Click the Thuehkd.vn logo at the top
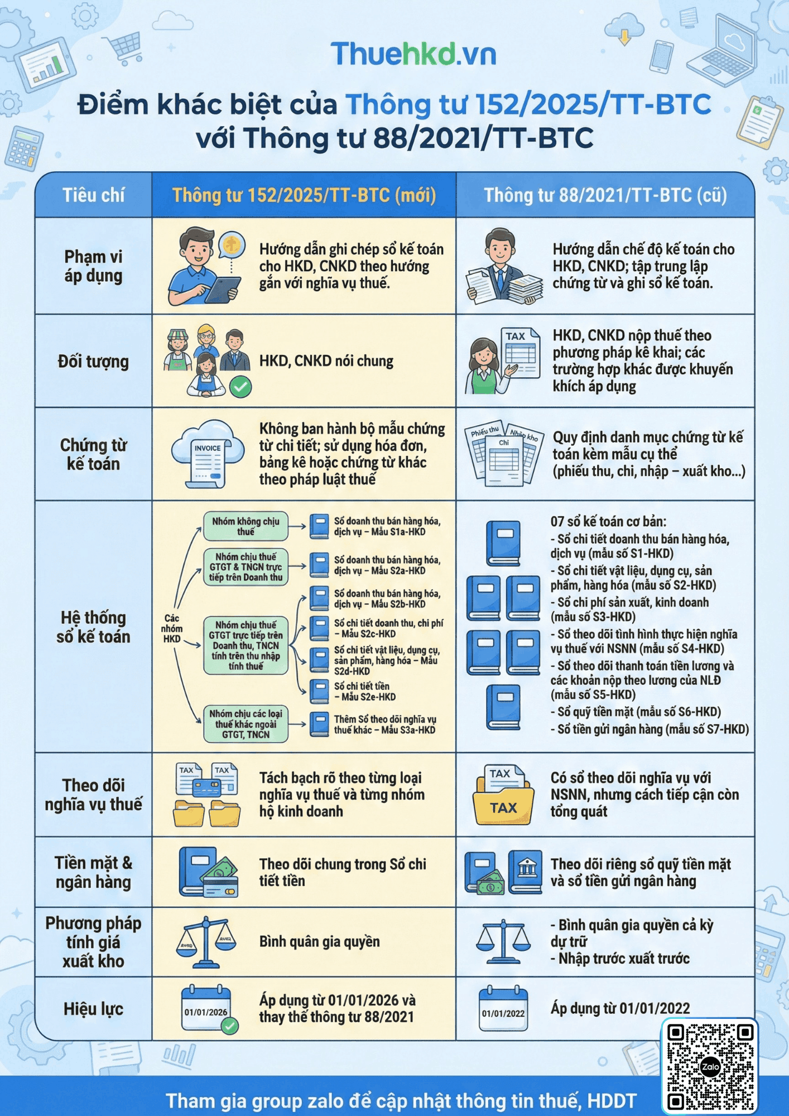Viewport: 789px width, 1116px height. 413,54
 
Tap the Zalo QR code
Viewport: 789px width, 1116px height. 710,1066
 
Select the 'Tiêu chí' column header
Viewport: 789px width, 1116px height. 93,195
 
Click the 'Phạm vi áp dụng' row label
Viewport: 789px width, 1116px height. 93,266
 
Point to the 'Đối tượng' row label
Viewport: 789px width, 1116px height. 93,362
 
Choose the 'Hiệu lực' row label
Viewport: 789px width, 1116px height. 93,1009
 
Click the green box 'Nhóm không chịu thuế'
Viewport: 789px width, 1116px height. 246,526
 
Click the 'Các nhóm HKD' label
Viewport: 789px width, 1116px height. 172,628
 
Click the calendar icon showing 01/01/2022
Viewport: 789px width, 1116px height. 503,1008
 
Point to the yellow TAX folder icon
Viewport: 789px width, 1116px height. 503,795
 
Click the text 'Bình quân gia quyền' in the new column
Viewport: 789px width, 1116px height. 319,942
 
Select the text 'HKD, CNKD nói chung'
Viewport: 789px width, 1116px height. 326,361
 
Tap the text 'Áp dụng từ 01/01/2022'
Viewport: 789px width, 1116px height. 620,1008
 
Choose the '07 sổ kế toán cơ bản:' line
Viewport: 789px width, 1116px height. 608,522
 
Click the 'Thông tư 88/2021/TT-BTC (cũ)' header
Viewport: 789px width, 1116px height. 605,195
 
